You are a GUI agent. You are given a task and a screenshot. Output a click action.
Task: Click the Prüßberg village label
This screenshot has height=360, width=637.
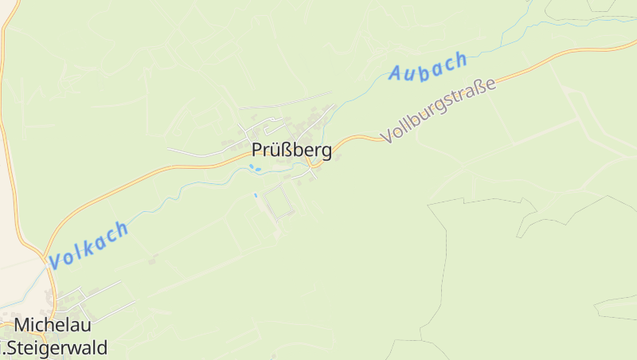coord(291,150)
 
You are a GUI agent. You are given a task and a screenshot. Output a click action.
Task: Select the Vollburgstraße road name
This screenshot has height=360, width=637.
coord(439,110)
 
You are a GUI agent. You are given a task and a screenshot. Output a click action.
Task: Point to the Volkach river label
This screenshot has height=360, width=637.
coord(88,245)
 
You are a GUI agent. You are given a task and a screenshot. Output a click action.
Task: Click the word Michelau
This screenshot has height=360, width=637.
coord(53,325)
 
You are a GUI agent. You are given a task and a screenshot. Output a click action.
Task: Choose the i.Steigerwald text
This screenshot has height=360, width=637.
coord(54,347)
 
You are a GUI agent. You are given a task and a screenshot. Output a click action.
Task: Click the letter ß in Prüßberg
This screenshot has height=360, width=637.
coord(281,150)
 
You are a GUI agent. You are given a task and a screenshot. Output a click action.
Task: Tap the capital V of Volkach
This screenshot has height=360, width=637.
coord(56,260)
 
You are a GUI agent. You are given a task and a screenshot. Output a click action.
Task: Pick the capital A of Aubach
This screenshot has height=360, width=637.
coord(396,75)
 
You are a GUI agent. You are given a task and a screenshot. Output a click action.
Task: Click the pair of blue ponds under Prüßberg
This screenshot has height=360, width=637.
coord(254,168)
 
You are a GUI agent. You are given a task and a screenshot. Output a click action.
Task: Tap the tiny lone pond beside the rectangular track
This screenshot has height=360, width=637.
coord(256,195)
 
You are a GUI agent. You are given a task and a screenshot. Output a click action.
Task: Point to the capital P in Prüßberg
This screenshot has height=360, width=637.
coord(257,150)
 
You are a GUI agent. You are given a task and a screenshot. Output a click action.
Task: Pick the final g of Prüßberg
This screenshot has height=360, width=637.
coord(326,151)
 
